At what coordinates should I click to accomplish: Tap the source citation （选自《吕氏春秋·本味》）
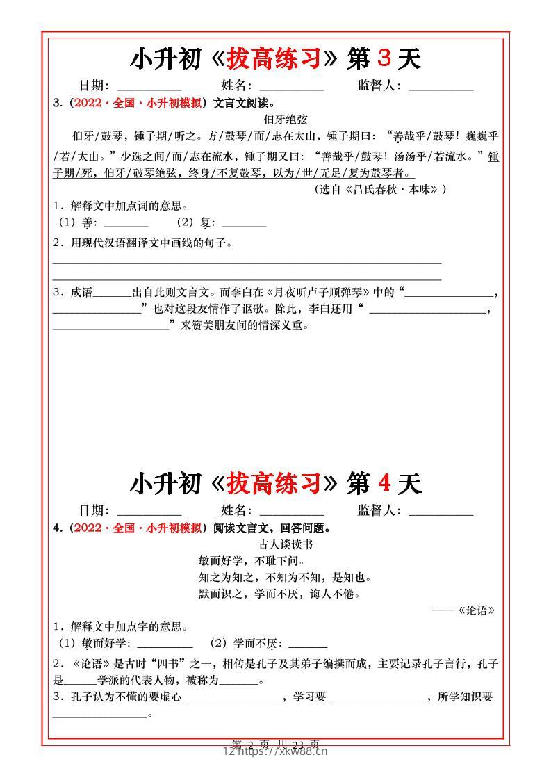pyautogui.click(x=380, y=189)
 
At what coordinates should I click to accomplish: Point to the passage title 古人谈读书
pyautogui.click(x=275, y=544)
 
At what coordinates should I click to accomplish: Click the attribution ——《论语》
pyautogui.click(x=464, y=610)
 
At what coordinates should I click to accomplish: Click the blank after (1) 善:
pyautogui.click(x=126, y=224)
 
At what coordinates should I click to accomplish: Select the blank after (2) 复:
pyautogui.click(x=244, y=224)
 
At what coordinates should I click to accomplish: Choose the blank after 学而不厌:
pyautogui.click(x=308, y=644)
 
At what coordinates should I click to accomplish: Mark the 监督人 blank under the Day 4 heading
pyautogui.click(x=441, y=512)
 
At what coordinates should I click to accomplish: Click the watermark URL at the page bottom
pyautogui.click(x=275, y=751)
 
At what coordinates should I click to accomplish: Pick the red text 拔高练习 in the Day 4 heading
pyautogui.click(x=274, y=483)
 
